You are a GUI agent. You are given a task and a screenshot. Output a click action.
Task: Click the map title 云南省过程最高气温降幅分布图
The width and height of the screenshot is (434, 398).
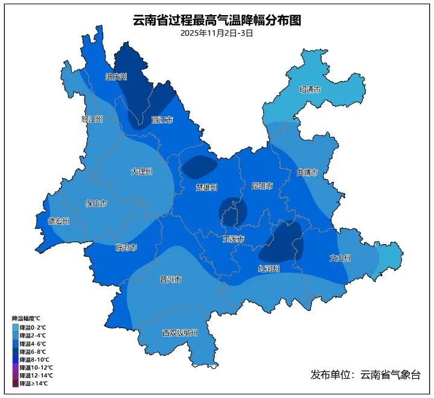coord(217,21)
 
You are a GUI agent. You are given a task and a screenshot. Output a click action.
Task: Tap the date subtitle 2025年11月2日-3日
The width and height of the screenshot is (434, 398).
coord(217,33)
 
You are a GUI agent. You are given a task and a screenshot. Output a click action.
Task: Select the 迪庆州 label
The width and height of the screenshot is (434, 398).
coord(116,77)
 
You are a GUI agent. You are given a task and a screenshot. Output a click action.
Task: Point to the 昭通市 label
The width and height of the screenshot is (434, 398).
coord(310,89)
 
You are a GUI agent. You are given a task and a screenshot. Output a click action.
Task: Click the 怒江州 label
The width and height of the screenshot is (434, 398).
coord(92,119)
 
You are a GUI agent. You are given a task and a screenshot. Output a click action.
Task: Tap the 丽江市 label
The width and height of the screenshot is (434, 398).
coord(162,120)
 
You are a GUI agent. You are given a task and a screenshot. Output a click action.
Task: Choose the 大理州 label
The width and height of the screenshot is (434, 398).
coord(141,172)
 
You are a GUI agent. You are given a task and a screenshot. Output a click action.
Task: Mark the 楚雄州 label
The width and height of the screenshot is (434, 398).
coord(206,187)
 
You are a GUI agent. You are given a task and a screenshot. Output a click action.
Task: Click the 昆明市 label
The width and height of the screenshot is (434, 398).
coord(261,186)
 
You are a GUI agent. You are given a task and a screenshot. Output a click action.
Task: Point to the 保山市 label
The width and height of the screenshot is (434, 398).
coord(96,204)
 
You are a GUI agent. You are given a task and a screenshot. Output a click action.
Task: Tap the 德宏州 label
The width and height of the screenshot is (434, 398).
coord(59,221)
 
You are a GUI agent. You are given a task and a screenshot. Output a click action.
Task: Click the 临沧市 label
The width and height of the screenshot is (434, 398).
coord(126,248)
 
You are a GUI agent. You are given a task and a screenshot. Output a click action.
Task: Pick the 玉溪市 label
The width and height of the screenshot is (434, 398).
coord(234,239)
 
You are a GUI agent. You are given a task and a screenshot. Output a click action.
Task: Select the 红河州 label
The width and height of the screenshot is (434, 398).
coord(269,268)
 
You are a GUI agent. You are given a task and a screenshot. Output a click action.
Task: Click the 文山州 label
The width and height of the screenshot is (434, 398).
coord(340,258)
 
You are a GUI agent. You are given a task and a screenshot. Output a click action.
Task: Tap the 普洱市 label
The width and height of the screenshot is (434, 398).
coord(170,279)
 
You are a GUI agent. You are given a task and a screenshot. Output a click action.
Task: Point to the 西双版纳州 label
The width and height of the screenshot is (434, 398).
coord(179,333)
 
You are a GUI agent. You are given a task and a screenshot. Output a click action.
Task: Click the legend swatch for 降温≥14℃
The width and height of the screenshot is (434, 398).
coord(15,383)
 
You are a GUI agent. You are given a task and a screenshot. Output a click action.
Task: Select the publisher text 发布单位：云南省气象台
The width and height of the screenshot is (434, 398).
coord(365,375)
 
